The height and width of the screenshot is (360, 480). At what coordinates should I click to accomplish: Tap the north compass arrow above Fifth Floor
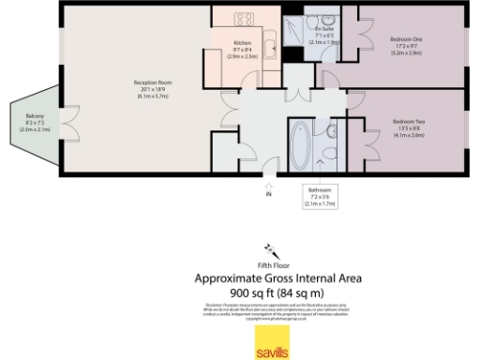pyautogui.click(x=272, y=249)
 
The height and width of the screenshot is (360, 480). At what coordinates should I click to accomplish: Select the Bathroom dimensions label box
pyautogui.click(x=320, y=196)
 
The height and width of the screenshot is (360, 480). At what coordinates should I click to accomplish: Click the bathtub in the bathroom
pyautogui.click(x=303, y=146)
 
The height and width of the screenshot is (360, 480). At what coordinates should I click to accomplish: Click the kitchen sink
pyautogui.click(x=267, y=45)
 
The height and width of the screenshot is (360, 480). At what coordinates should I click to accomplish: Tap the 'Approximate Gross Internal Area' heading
pyautogui.click(x=277, y=278)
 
